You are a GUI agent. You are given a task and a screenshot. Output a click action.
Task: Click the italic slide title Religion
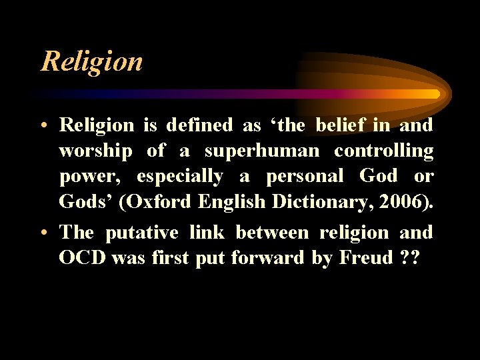click(x=91, y=61)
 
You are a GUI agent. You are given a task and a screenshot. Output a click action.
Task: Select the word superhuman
click(x=262, y=151)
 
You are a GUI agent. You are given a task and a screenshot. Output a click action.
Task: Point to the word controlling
click(x=383, y=151)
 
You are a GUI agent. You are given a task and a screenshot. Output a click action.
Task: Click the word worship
click(x=95, y=151)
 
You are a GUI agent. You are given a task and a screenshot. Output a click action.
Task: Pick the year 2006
click(x=407, y=201)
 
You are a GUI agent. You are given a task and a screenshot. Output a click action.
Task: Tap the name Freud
click(x=367, y=258)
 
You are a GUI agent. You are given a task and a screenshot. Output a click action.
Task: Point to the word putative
click(x=141, y=233)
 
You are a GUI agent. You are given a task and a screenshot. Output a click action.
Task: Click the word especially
click(x=179, y=177)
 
